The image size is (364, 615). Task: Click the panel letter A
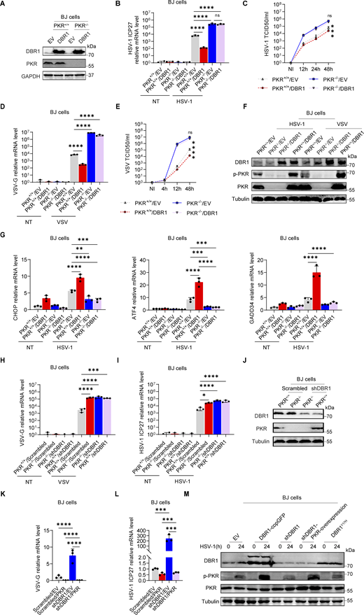coord(4,5)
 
